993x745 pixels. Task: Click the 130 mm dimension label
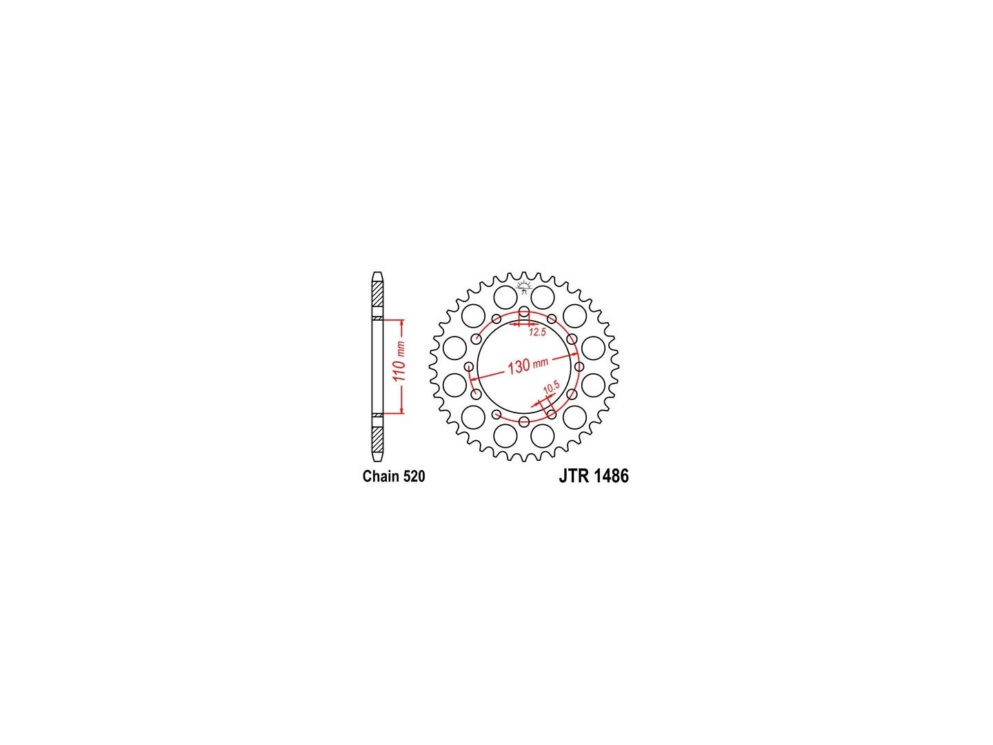click(528, 365)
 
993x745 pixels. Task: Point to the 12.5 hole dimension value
click(537, 332)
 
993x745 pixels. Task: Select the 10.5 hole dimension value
click(552, 387)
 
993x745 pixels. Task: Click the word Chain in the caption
click(379, 476)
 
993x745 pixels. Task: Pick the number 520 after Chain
click(412, 476)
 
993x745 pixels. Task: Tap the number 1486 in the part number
click(612, 476)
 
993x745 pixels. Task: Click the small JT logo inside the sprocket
click(524, 286)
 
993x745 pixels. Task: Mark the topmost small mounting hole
click(524, 312)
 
